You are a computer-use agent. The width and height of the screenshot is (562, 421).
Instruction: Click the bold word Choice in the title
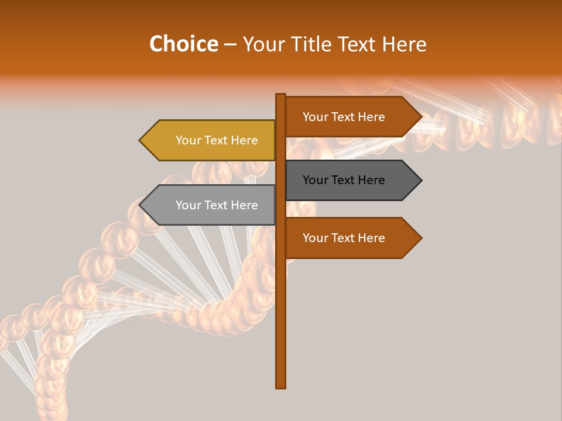tap(183, 44)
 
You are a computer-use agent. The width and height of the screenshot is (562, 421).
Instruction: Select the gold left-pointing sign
tap(208, 140)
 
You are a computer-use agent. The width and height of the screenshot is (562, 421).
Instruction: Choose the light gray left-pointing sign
tap(208, 205)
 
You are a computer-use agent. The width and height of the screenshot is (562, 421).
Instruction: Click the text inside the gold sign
tap(217, 140)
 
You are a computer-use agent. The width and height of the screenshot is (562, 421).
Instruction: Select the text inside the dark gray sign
tap(344, 180)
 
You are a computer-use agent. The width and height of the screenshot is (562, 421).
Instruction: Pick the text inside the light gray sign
tap(217, 205)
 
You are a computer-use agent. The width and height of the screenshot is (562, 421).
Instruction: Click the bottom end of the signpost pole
tap(280, 385)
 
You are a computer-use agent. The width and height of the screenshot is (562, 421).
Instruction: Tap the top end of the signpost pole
tap(280, 96)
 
